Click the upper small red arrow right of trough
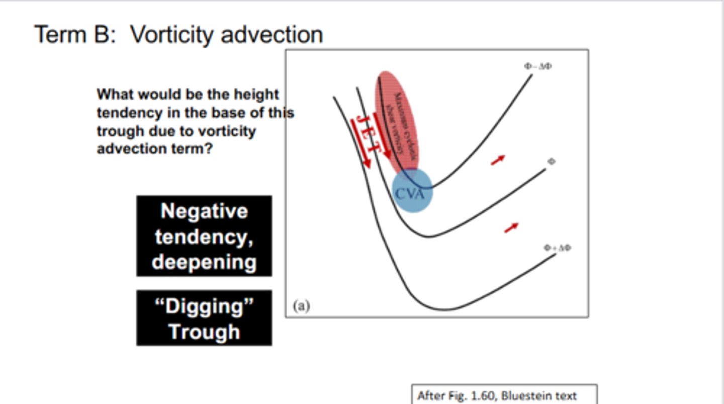[498, 160]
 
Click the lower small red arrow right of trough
[511, 228]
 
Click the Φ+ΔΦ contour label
[558, 248]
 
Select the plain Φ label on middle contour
[552, 161]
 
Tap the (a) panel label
[301, 306]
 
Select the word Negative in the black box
[204, 211]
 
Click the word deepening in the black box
[204, 262]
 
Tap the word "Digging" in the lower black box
[204, 306]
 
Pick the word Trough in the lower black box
[204, 332]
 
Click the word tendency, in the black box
[204, 237]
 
